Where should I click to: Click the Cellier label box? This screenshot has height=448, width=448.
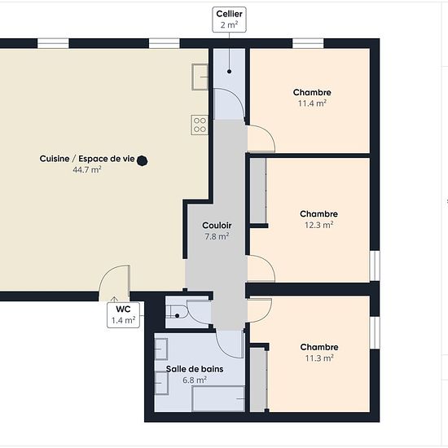[x=229, y=20]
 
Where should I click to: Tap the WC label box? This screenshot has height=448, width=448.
[x=124, y=314]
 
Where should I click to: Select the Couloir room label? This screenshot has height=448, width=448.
[x=217, y=226]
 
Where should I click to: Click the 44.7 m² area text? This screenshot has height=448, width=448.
[x=87, y=169]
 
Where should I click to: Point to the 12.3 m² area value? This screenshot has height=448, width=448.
[x=318, y=225]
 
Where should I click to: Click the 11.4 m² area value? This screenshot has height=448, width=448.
[x=312, y=103]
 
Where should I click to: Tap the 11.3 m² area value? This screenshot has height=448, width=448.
[x=319, y=358]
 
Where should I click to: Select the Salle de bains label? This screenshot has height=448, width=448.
[x=195, y=369]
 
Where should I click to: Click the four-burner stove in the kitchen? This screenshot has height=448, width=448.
[x=200, y=125]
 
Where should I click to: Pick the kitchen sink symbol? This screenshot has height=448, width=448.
[x=200, y=77]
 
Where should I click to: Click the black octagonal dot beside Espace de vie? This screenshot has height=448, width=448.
[x=142, y=160]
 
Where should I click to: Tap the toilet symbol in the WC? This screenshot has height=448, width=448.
[x=177, y=311]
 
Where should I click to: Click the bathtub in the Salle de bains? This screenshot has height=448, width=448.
[x=218, y=399]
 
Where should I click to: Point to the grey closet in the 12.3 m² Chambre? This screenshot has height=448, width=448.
[x=258, y=191]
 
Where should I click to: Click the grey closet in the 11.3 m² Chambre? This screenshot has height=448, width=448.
[x=258, y=380]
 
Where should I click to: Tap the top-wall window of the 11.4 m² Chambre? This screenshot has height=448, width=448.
[x=308, y=43]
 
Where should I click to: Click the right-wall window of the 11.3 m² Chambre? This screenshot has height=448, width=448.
[x=375, y=332]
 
